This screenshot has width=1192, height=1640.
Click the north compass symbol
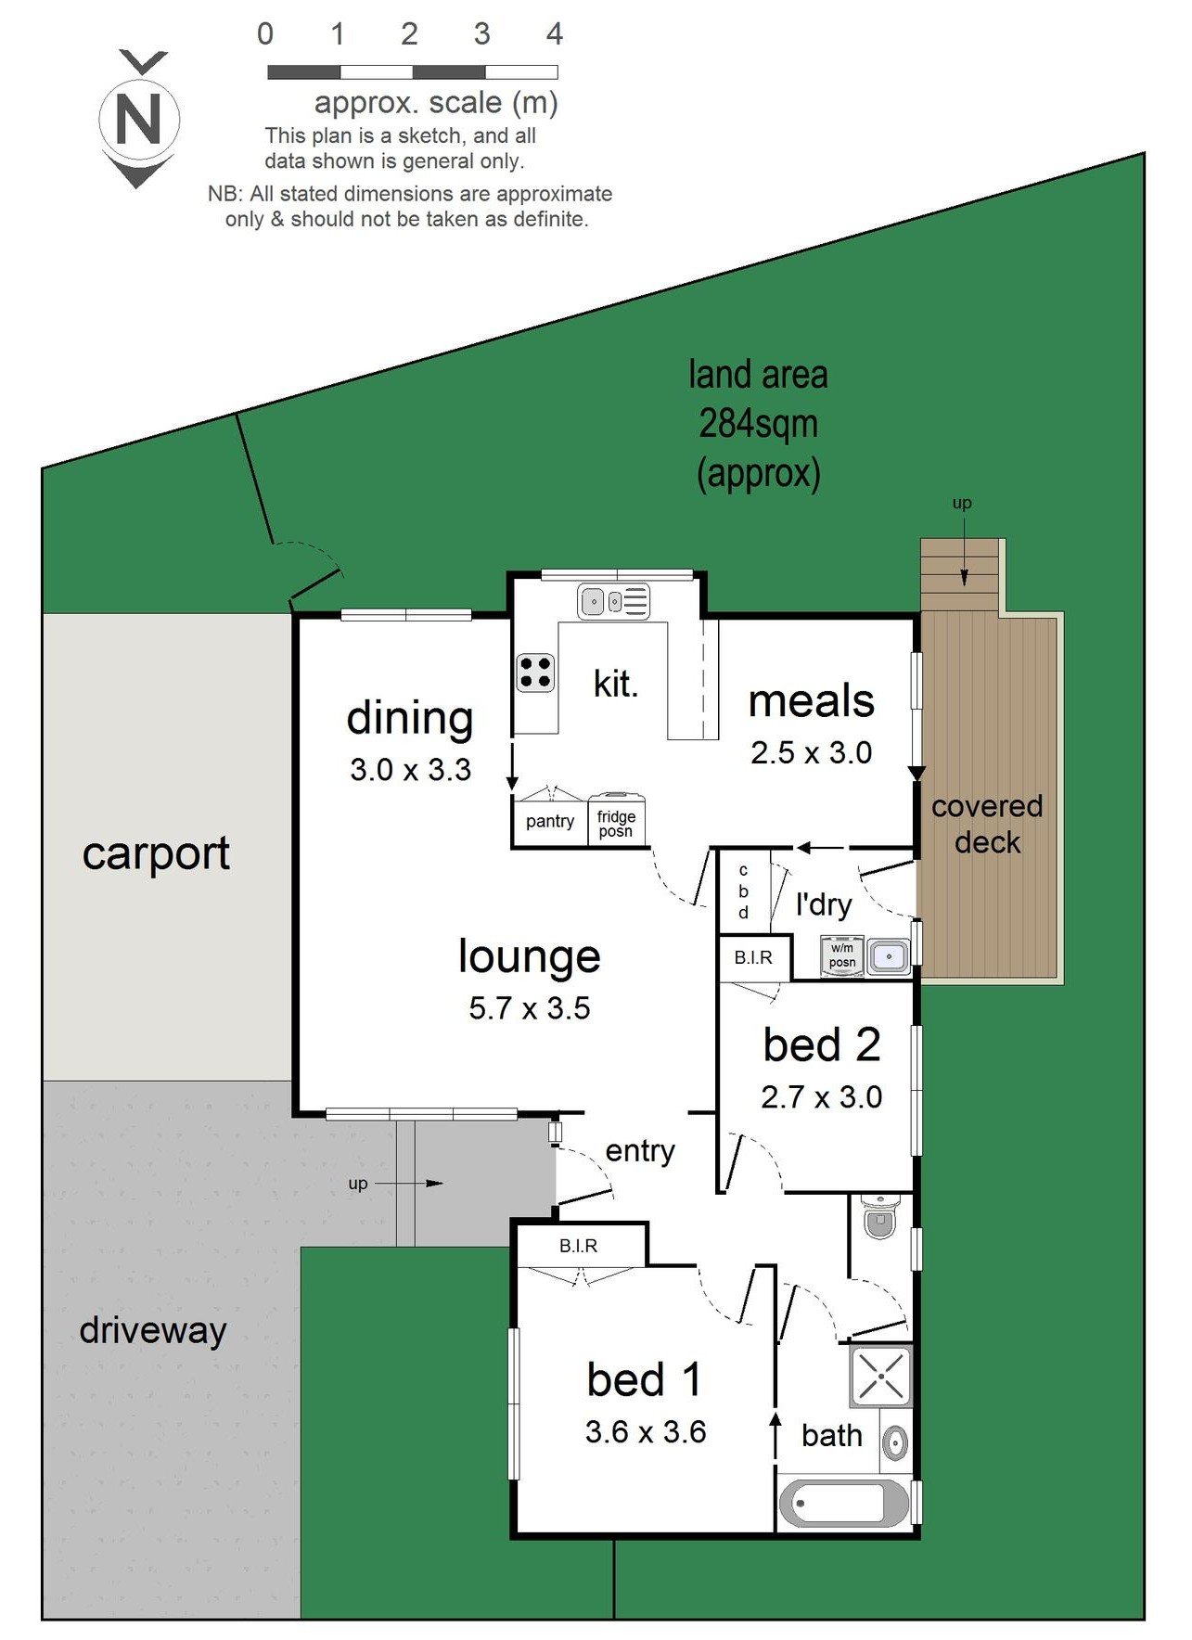click(138, 119)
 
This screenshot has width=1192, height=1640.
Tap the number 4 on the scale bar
click(554, 34)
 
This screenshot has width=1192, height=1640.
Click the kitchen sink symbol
click(613, 601)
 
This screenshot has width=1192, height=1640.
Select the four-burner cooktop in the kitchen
click(535, 672)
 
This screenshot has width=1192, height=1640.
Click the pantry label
click(549, 821)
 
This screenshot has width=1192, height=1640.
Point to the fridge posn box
click(616, 822)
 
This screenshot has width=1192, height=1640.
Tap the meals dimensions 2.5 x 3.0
click(811, 752)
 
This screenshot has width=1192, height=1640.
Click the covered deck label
click(987, 824)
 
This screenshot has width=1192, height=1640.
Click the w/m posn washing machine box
click(842, 955)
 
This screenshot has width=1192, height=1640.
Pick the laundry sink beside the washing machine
click(889, 955)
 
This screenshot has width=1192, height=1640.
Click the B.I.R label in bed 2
click(752, 957)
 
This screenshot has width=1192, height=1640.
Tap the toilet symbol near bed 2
click(879, 1216)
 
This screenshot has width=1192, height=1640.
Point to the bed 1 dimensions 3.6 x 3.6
click(645, 1431)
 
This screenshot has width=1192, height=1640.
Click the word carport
click(156, 853)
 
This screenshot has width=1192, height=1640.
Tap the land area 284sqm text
click(758, 424)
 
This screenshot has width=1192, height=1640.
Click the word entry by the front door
click(640, 1151)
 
